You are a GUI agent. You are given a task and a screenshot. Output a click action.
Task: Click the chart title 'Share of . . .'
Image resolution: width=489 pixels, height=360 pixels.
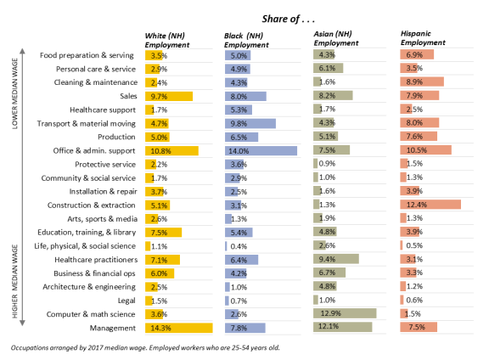click(x=288, y=19)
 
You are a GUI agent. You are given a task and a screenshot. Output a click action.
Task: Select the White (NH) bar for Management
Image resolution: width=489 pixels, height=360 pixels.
click(x=178, y=328)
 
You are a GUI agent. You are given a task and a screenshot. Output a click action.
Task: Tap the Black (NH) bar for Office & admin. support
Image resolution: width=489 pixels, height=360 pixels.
click(x=261, y=151)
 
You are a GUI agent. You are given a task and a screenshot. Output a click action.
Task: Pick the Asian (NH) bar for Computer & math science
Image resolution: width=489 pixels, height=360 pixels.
click(x=345, y=313)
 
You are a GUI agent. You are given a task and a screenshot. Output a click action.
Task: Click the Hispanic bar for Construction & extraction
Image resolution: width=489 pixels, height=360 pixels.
click(x=430, y=205)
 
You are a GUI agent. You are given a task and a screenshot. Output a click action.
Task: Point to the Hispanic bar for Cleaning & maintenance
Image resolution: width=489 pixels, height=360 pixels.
click(x=422, y=82)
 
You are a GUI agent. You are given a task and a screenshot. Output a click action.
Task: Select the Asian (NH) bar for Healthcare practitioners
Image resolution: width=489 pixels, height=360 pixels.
click(x=336, y=259)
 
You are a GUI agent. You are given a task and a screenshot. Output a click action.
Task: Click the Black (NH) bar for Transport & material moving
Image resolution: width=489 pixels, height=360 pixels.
click(x=250, y=123)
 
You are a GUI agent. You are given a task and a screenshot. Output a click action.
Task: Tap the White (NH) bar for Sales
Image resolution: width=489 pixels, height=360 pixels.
click(x=169, y=97)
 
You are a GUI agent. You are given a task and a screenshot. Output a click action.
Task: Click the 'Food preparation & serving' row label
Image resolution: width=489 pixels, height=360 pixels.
click(x=87, y=55)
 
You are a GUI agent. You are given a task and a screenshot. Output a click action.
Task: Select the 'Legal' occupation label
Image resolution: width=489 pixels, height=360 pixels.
click(x=126, y=301)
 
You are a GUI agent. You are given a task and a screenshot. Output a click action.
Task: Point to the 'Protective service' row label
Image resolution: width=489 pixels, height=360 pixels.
click(x=105, y=165)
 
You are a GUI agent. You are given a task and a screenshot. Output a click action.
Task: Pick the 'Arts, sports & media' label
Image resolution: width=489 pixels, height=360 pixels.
click(x=102, y=219)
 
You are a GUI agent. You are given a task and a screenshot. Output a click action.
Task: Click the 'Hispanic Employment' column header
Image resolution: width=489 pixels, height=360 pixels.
click(x=423, y=38)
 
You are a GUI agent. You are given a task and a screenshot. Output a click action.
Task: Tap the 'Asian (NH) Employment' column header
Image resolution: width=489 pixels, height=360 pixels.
click(x=336, y=38)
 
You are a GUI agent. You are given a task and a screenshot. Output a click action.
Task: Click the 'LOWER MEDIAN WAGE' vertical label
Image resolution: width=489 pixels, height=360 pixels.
click(x=14, y=93)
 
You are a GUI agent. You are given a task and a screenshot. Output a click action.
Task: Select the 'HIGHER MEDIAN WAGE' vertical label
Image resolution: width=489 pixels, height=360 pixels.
click(x=14, y=281)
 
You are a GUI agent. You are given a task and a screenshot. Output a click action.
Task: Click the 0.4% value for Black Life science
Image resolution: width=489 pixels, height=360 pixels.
click(x=239, y=246)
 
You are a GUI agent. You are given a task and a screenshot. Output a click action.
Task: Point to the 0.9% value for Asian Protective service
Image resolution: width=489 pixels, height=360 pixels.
click(x=327, y=164)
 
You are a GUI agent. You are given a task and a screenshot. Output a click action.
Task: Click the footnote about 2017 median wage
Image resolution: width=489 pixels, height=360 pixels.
click(x=145, y=347)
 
